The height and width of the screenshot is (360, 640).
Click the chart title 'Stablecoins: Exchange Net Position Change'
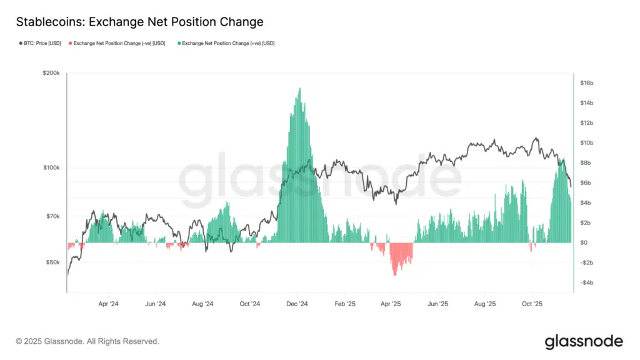tap(139, 22)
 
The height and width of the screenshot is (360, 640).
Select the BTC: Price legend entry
tap(39, 43)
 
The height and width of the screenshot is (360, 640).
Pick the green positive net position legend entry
tap(226, 43)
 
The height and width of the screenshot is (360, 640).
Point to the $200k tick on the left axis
tap(51, 73)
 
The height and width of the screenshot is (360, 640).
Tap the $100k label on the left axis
tap(51, 167)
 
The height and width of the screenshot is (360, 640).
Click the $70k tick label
tap(52, 216)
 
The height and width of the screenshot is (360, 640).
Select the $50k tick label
tap(52, 262)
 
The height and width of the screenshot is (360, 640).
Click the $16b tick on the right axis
tap(586, 83)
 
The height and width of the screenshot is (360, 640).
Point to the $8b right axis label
tap(585, 163)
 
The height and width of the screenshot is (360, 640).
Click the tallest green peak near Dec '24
tap(300, 89)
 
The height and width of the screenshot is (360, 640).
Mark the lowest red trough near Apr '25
tap(395, 274)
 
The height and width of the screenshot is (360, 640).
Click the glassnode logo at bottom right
tap(584, 341)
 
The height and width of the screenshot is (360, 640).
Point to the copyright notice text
tap(87, 341)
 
